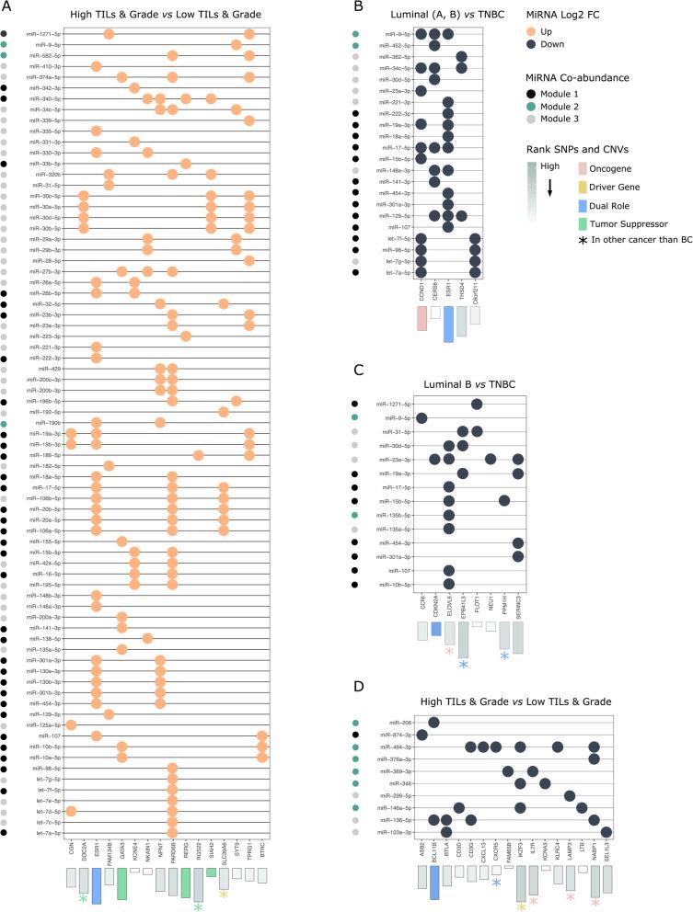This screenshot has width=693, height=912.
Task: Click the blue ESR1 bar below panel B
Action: coord(447,323)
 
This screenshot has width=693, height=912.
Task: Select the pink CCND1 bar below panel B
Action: coord(422,317)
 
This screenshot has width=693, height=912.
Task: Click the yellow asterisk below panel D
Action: coord(521,906)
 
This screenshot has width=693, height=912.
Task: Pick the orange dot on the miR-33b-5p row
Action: coord(185,164)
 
